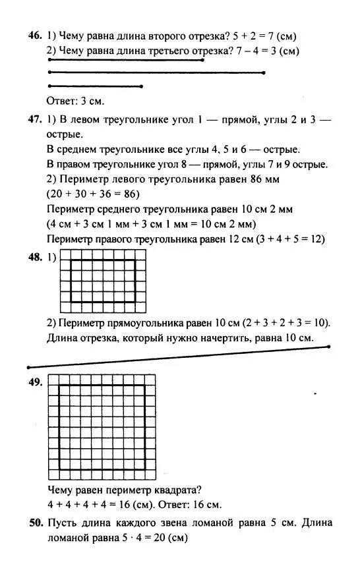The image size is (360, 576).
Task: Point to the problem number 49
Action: point(35,382)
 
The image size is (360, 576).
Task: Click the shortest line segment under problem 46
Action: point(96,86)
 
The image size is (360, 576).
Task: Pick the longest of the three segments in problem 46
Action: point(156,72)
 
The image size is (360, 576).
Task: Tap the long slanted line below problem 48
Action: point(178,357)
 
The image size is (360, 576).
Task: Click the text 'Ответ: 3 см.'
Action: point(76,101)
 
